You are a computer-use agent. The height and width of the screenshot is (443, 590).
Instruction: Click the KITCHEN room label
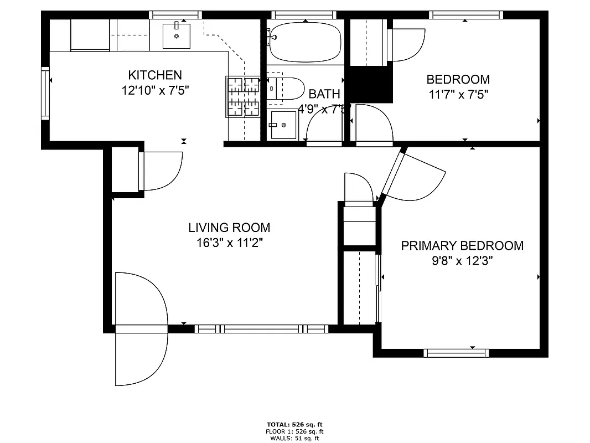tap(155, 75)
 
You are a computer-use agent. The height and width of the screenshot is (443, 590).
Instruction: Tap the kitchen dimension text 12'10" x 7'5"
tap(156, 90)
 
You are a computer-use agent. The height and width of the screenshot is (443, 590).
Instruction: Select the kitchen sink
tap(177, 36)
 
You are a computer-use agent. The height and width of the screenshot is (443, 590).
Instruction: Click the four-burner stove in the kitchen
tap(243, 97)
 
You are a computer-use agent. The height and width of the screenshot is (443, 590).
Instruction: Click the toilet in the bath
tap(286, 89)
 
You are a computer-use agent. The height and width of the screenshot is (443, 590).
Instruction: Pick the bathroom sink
tap(284, 125)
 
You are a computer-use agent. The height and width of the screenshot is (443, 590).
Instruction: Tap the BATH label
tap(324, 94)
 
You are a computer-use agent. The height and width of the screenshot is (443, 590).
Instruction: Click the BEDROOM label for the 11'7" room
tap(458, 79)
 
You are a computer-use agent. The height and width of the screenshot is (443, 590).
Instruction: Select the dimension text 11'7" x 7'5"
tap(458, 94)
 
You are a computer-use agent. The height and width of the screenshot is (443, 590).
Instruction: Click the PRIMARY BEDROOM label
tap(462, 246)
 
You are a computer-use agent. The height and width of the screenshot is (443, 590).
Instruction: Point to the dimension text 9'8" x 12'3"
tap(462, 261)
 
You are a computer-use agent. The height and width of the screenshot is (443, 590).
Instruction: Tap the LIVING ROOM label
tap(229, 228)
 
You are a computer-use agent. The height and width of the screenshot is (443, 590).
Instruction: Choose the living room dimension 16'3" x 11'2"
tap(229, 243)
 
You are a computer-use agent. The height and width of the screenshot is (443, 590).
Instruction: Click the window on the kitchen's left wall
tap(45, 92)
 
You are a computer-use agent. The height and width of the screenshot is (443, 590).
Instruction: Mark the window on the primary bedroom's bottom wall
tap(457, 352)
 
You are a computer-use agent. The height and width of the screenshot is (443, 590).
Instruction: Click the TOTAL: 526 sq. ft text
tap(294, 425)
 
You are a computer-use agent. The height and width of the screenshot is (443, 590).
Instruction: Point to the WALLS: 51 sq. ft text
tap(294, 439)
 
